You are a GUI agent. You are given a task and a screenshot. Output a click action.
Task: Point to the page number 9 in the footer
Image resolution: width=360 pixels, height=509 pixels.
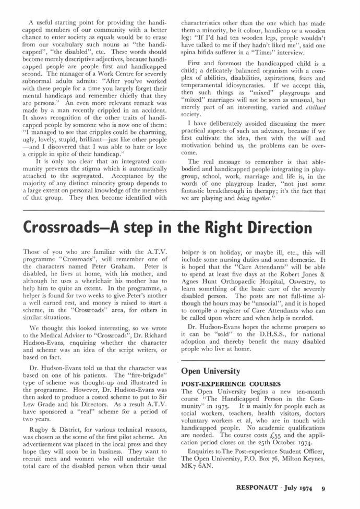coord(323,489)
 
